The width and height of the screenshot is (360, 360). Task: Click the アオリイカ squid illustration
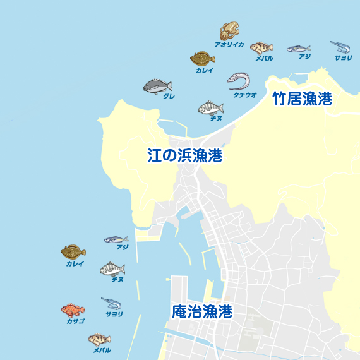[230, 31]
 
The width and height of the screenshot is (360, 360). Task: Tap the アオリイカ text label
[229, 45]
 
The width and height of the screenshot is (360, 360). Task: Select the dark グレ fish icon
[157, 87]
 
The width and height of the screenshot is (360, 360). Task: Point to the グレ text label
[169, 97]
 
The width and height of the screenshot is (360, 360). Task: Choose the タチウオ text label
[244, 95]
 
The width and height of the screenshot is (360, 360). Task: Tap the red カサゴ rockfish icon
[73, 309]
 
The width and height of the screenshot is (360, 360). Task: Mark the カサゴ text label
[75, 321]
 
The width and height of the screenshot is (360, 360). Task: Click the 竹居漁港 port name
[303, 99]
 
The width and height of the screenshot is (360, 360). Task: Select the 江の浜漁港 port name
[184, 156]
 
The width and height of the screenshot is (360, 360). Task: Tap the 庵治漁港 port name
[201, 312]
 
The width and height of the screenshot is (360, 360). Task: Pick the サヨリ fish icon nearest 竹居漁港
[340, 47]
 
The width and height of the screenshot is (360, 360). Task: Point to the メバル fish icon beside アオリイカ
[261, 47]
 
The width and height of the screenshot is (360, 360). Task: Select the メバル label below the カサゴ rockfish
[102, 350]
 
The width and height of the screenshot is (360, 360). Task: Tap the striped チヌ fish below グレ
[211, 108]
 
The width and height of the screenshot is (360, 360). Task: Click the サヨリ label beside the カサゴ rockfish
[114, 314]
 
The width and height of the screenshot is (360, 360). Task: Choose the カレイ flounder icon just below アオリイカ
[203, 59]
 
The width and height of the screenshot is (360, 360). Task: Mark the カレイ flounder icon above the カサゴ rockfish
[73, 251]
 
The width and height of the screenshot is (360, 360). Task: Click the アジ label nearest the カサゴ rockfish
[122, 248]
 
